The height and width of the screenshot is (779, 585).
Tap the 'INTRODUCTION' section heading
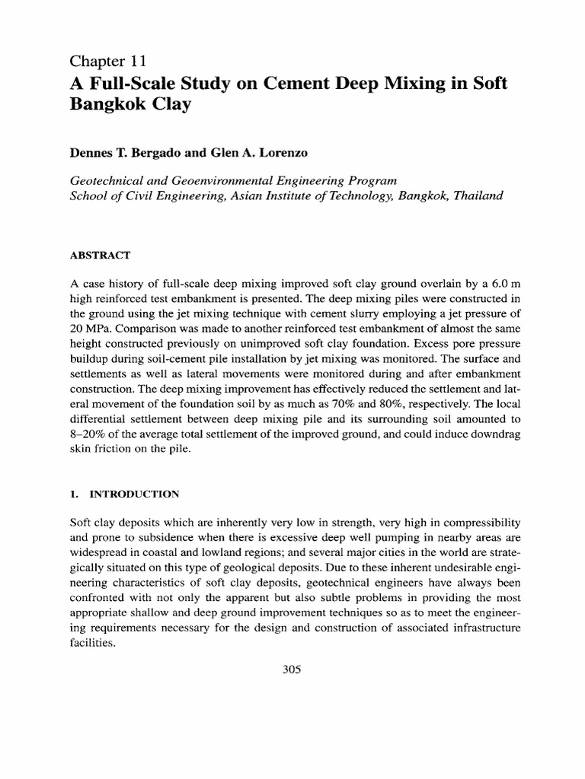coord(135,494)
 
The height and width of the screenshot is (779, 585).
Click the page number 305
coord(292,669)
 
